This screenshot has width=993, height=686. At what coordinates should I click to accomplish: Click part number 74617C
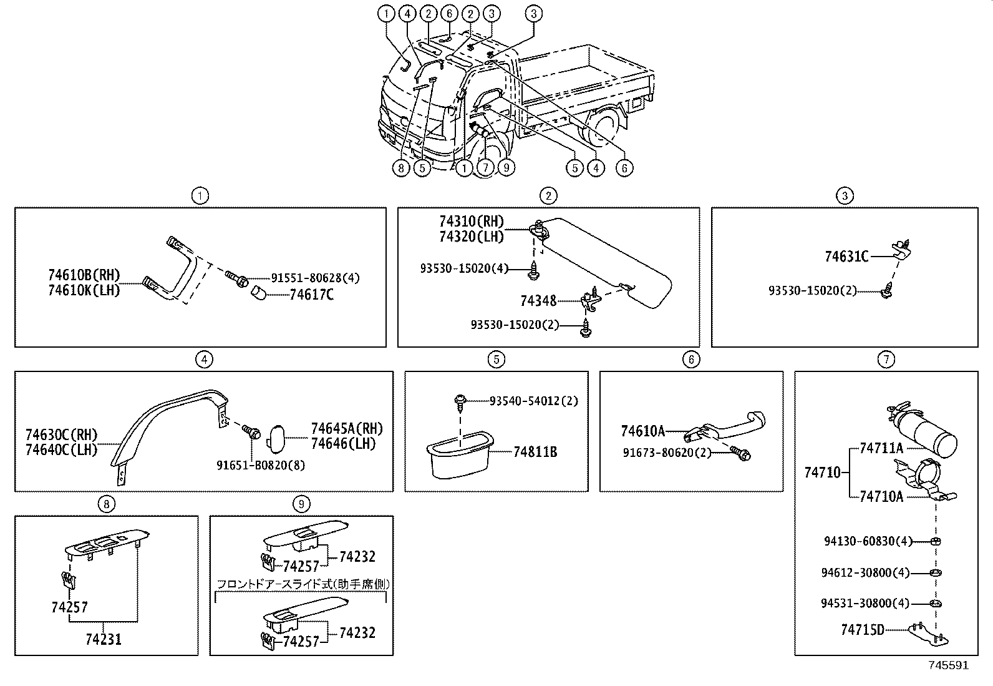tap(311, 295)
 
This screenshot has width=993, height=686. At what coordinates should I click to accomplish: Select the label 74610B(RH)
tap(84, 275)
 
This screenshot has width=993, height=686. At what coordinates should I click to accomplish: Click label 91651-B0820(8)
tap(261, 465)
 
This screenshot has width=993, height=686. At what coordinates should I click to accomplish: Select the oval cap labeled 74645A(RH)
tap(278, 437)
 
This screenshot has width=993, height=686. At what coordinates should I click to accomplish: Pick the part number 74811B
tap(535, 452)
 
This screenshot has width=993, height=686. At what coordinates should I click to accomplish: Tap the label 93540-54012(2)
tap(533, 401)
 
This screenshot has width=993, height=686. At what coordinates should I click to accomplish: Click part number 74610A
tap(642, 431)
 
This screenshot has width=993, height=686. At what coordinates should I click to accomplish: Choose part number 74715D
tap(862, 630)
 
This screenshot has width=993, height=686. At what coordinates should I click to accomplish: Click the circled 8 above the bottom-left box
tap(107, 504)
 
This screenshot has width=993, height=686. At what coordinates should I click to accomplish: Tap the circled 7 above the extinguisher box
tap(886, 359)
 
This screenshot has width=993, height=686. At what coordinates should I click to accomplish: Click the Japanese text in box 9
tap(303, 584)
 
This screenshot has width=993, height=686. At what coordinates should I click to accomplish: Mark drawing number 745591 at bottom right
tap(948, 665)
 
